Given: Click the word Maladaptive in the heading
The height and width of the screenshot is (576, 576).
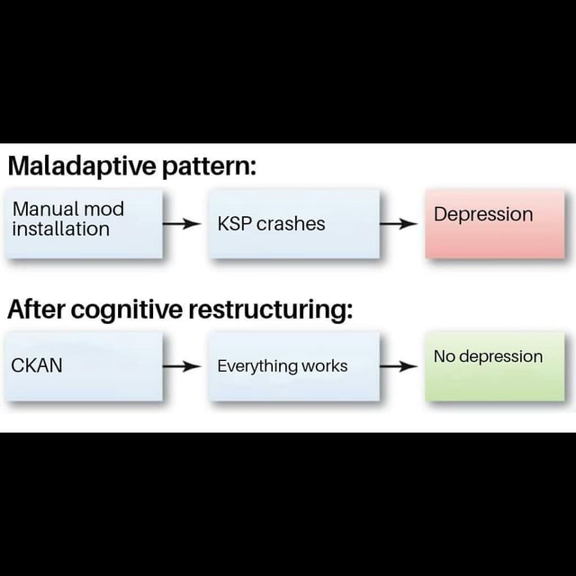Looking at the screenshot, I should (83, 166).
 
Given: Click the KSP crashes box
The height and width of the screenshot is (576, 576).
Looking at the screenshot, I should (293, 223).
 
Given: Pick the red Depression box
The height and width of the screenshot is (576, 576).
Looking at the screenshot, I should (495, 223).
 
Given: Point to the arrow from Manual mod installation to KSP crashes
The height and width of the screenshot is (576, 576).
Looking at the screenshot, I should (184, 223).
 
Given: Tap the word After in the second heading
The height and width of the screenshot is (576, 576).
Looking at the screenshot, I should (35, 310).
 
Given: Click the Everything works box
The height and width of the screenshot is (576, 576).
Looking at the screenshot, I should (293, 365).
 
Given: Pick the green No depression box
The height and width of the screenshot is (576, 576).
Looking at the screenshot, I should (495, 365).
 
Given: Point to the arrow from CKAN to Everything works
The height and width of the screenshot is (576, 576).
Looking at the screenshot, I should (184, 366).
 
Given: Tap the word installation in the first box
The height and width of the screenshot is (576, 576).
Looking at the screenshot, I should (60, 229).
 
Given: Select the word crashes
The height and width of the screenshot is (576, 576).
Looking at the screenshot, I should (291, 223).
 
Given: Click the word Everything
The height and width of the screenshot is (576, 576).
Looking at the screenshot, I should (257, 366).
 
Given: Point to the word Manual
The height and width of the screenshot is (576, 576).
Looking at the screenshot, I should (44, 210).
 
